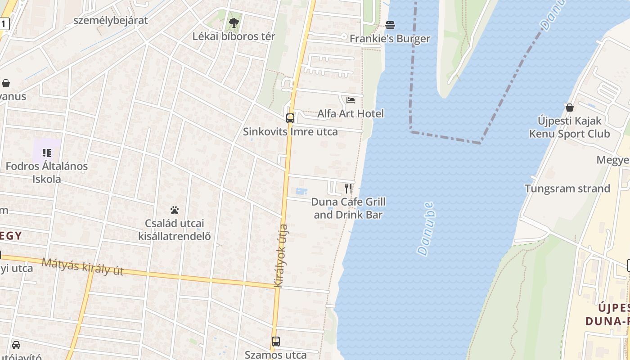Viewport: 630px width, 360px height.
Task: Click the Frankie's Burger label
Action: (x=390, y=39)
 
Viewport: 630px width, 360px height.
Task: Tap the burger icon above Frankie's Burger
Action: (x=390, y=25)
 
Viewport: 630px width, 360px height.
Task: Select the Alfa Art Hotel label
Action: (x=351, y=113)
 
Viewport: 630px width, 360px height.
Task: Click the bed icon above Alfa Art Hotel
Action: (x=351, y=100)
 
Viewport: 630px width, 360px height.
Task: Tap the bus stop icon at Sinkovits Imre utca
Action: (x=290, y=118)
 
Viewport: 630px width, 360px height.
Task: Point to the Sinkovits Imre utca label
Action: (x=290, y=132)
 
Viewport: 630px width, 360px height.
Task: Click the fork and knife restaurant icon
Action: (x=348, y=188)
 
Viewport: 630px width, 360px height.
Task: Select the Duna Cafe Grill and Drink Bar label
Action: (x=348, y=208)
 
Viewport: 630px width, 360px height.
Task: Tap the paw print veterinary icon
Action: (x=175, y=210)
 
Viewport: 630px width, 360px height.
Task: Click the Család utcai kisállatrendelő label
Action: (x=175, y=229)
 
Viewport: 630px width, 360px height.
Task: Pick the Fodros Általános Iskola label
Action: (x=47, y=172)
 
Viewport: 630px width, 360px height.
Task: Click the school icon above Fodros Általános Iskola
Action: (x=47, y=153)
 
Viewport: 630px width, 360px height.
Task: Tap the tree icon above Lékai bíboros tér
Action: (x=234, y=22)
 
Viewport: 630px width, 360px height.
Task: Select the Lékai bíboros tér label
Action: (x=234, y=36)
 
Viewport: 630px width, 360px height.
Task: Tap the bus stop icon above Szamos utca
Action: (x=276, y=342)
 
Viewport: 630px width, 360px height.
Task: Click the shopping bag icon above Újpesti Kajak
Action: (x=570, y=108)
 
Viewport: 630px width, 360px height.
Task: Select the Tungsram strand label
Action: (x=567, y=189)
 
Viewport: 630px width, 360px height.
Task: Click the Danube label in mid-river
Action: (x=426, y=229)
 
